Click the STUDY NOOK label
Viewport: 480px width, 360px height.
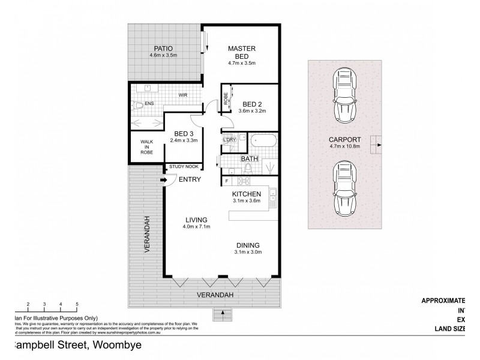coord(184,167)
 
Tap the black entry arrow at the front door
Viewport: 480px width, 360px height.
coord(163,179)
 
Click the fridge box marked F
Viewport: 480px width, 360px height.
coord(227,181)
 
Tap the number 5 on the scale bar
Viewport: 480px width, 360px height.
coord(77,305)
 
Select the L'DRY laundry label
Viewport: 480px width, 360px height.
coord(229,141)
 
